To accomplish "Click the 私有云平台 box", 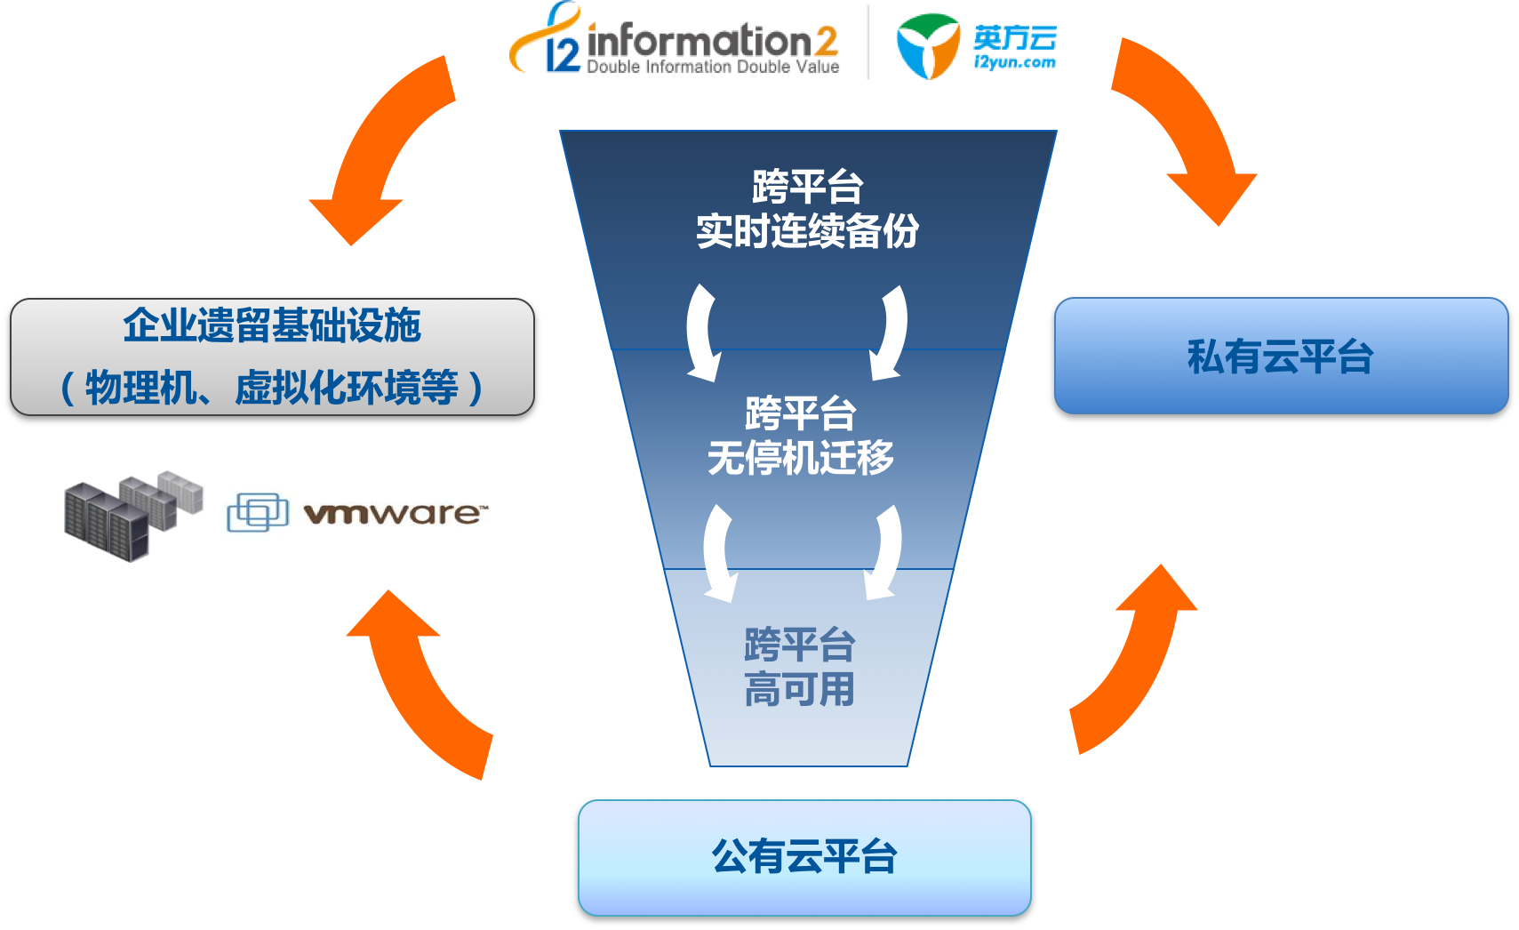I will pyautogui.click(x=1281, y=356).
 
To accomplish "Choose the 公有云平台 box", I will pyautogui.click(x=804, y=857).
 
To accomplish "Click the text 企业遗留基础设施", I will pyautogui.click(x=272, y=325).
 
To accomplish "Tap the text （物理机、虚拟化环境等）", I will pyautogui.click(x=272, y=388).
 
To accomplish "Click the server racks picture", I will pyautogui.click(x=132, y=516).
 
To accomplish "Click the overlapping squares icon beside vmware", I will pyautogui.click(x=258, y=513).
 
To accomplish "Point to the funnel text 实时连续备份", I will pyautogui.click(x=807, y=232).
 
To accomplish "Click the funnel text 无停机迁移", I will pyautogui.click(x=800, y=459).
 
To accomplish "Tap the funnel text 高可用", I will pyautogui.click(x=799, y=690).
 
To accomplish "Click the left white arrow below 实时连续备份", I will pyautogui.click(x=702, y=333).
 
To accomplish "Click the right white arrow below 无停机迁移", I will pyautogui.click(x=885, y=552).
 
